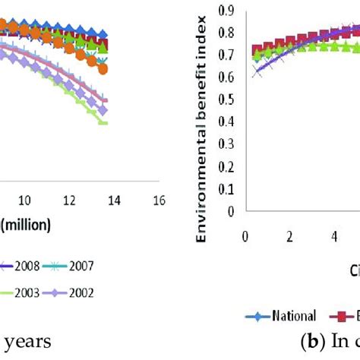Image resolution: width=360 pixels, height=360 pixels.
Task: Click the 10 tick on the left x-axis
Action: coord(24,200)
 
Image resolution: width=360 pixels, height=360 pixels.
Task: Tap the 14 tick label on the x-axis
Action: coord(114,200)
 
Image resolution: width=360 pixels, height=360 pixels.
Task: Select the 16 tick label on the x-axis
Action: coord(159,200)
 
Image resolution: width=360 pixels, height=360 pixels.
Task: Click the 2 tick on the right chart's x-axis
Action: coord(289,235)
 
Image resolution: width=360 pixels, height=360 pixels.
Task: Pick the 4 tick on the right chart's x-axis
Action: coord(335,235)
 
